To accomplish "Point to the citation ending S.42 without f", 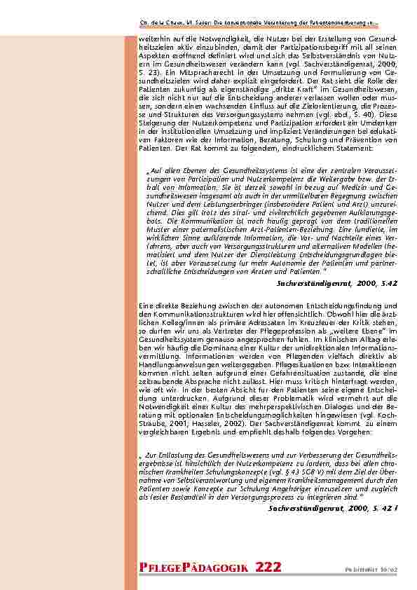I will [339, 282].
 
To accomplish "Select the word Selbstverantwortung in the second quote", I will [198, 480].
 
